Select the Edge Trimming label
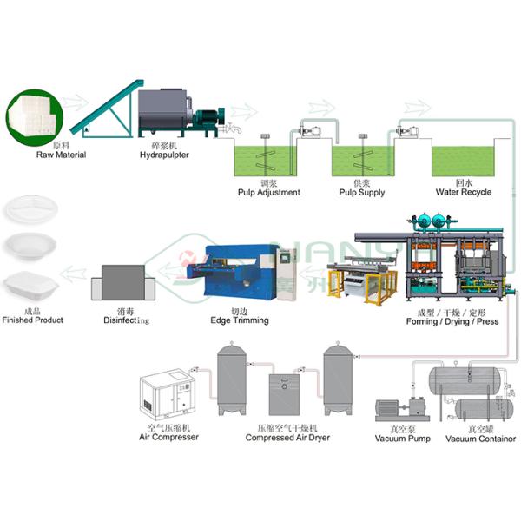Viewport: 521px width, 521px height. (x=239, y=320)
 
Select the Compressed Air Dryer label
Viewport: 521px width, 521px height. (x=287, y=438)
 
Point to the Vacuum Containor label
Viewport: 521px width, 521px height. (x=480, y=439)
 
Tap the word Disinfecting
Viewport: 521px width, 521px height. (x=126, y=320)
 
